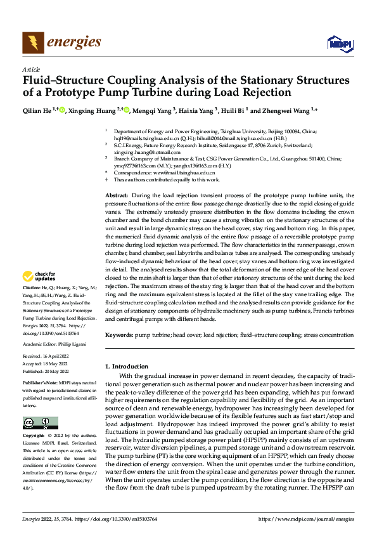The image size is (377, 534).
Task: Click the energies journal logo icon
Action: click(x=31, y=42)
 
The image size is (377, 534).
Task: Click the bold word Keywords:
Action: click(x=118, y=334)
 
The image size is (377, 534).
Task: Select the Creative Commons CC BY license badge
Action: click(x=41, y=423)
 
